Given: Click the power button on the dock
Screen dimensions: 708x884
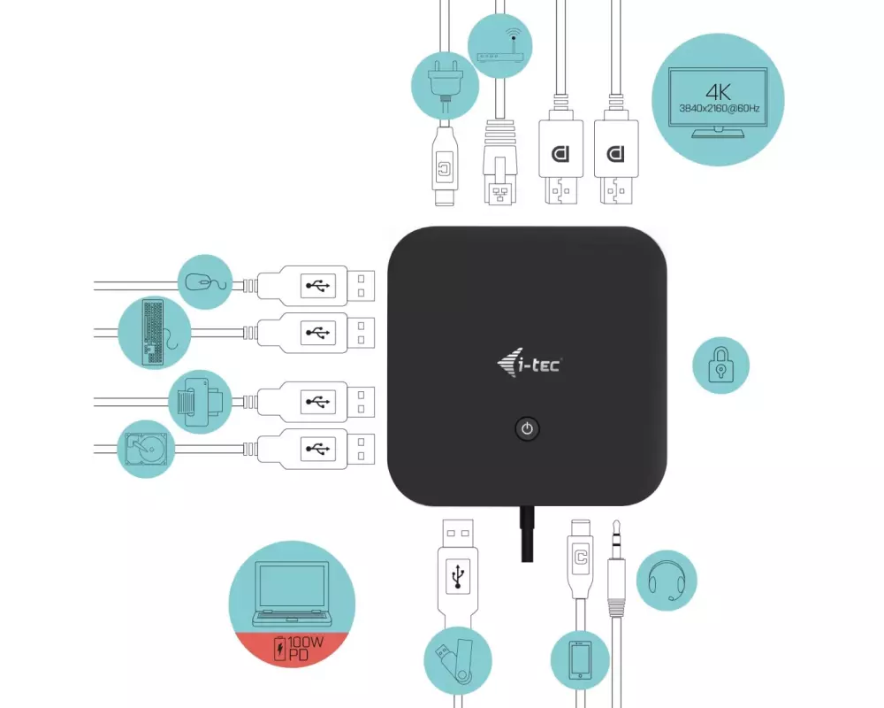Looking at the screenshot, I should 527,430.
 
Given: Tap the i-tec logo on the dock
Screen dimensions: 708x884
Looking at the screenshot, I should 529,363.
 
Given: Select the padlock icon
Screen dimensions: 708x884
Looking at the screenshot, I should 721,365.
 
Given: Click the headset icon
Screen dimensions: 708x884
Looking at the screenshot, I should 667,581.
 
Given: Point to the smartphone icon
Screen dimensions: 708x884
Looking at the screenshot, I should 580,660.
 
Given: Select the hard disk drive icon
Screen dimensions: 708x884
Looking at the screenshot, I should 146,449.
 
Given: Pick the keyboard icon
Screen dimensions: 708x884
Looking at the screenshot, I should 152,333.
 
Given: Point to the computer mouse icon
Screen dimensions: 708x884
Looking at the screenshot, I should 203,283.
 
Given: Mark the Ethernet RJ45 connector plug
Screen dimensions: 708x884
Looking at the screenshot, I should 499,168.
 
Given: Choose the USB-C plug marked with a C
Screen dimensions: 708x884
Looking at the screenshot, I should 580,558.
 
